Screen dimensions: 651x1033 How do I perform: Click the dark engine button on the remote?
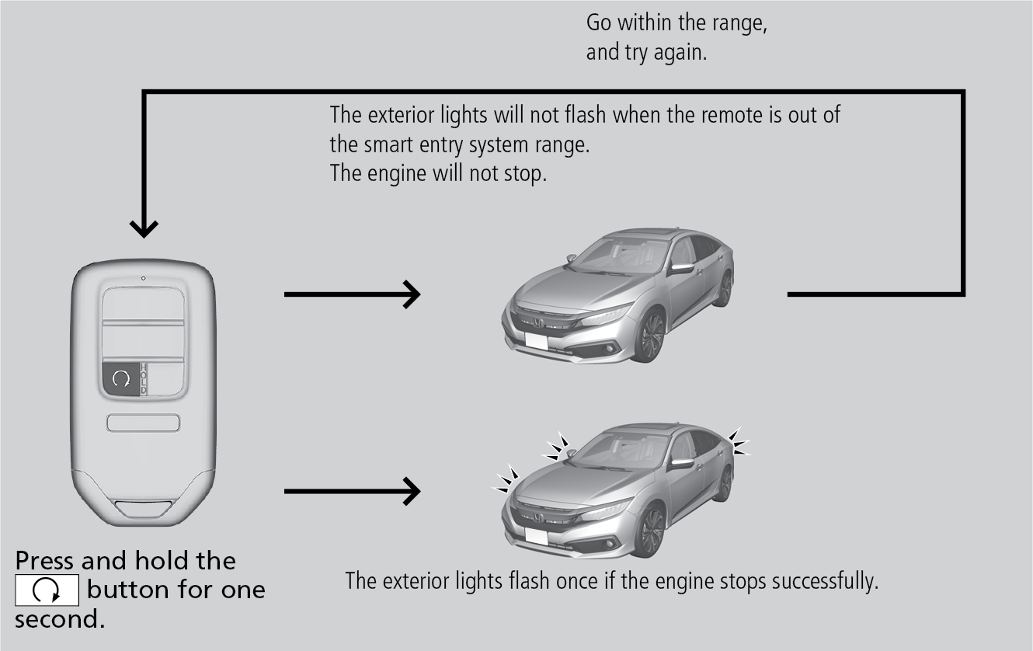120,378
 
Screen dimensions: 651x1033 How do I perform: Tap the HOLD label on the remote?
144,378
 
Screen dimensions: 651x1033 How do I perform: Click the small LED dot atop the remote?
143,278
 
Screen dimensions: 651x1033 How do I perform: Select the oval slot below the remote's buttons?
144,423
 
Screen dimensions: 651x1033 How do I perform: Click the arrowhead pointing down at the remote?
143,228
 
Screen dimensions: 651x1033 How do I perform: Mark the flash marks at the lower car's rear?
739,442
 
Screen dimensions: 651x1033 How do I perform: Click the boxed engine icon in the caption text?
47,590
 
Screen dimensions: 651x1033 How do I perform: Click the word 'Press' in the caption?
45,561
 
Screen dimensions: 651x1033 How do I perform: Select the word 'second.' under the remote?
59,621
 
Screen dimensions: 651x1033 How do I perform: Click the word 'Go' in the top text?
599,23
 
